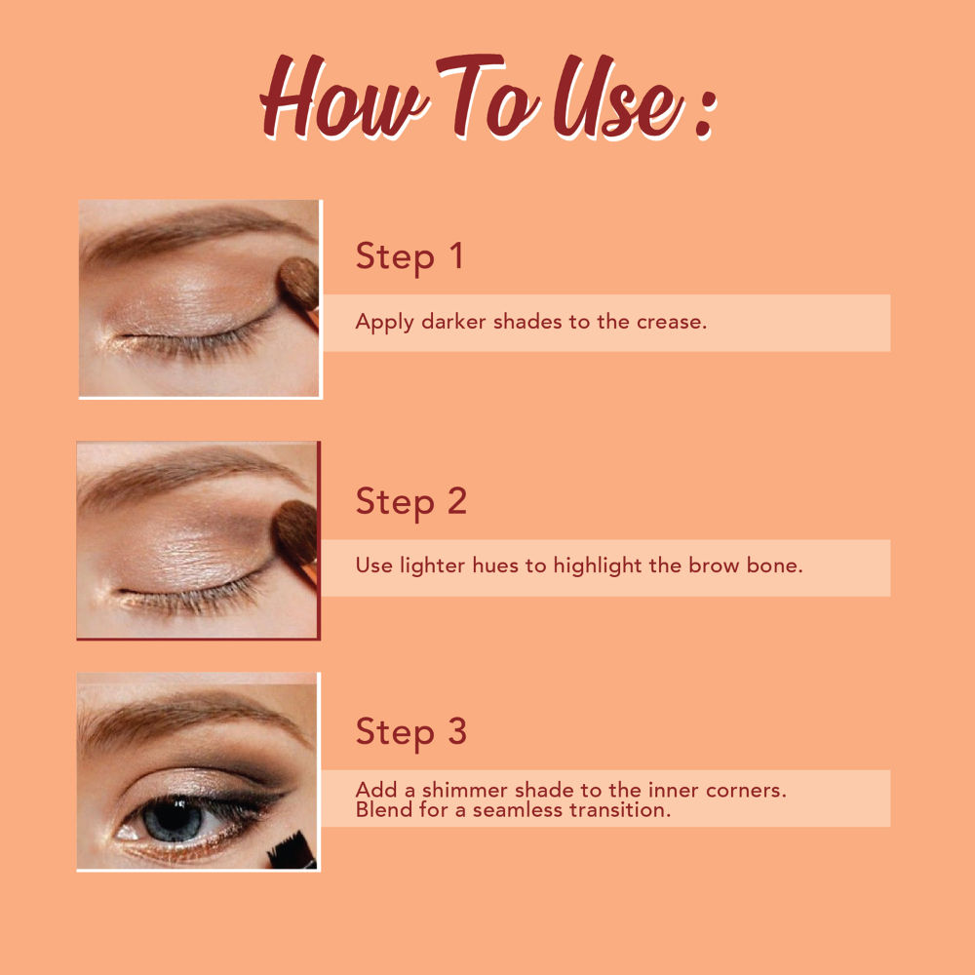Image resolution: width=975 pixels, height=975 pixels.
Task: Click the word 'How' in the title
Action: coord(344,97)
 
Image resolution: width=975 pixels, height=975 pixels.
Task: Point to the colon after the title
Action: coord(705,113)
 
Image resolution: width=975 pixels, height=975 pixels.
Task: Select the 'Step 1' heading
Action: coord(409,256)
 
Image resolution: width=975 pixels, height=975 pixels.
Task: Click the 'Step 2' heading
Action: coord(411,502)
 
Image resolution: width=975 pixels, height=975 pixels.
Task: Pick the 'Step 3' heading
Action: coord(411,732)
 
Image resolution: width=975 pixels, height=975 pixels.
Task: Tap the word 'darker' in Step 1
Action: coord(453,322)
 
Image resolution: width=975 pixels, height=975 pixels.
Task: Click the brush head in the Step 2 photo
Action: coord(294,532)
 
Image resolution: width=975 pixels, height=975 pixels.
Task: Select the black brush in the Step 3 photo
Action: coord(292,851)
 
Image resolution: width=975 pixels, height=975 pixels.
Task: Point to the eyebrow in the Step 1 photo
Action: coord(193,230)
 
